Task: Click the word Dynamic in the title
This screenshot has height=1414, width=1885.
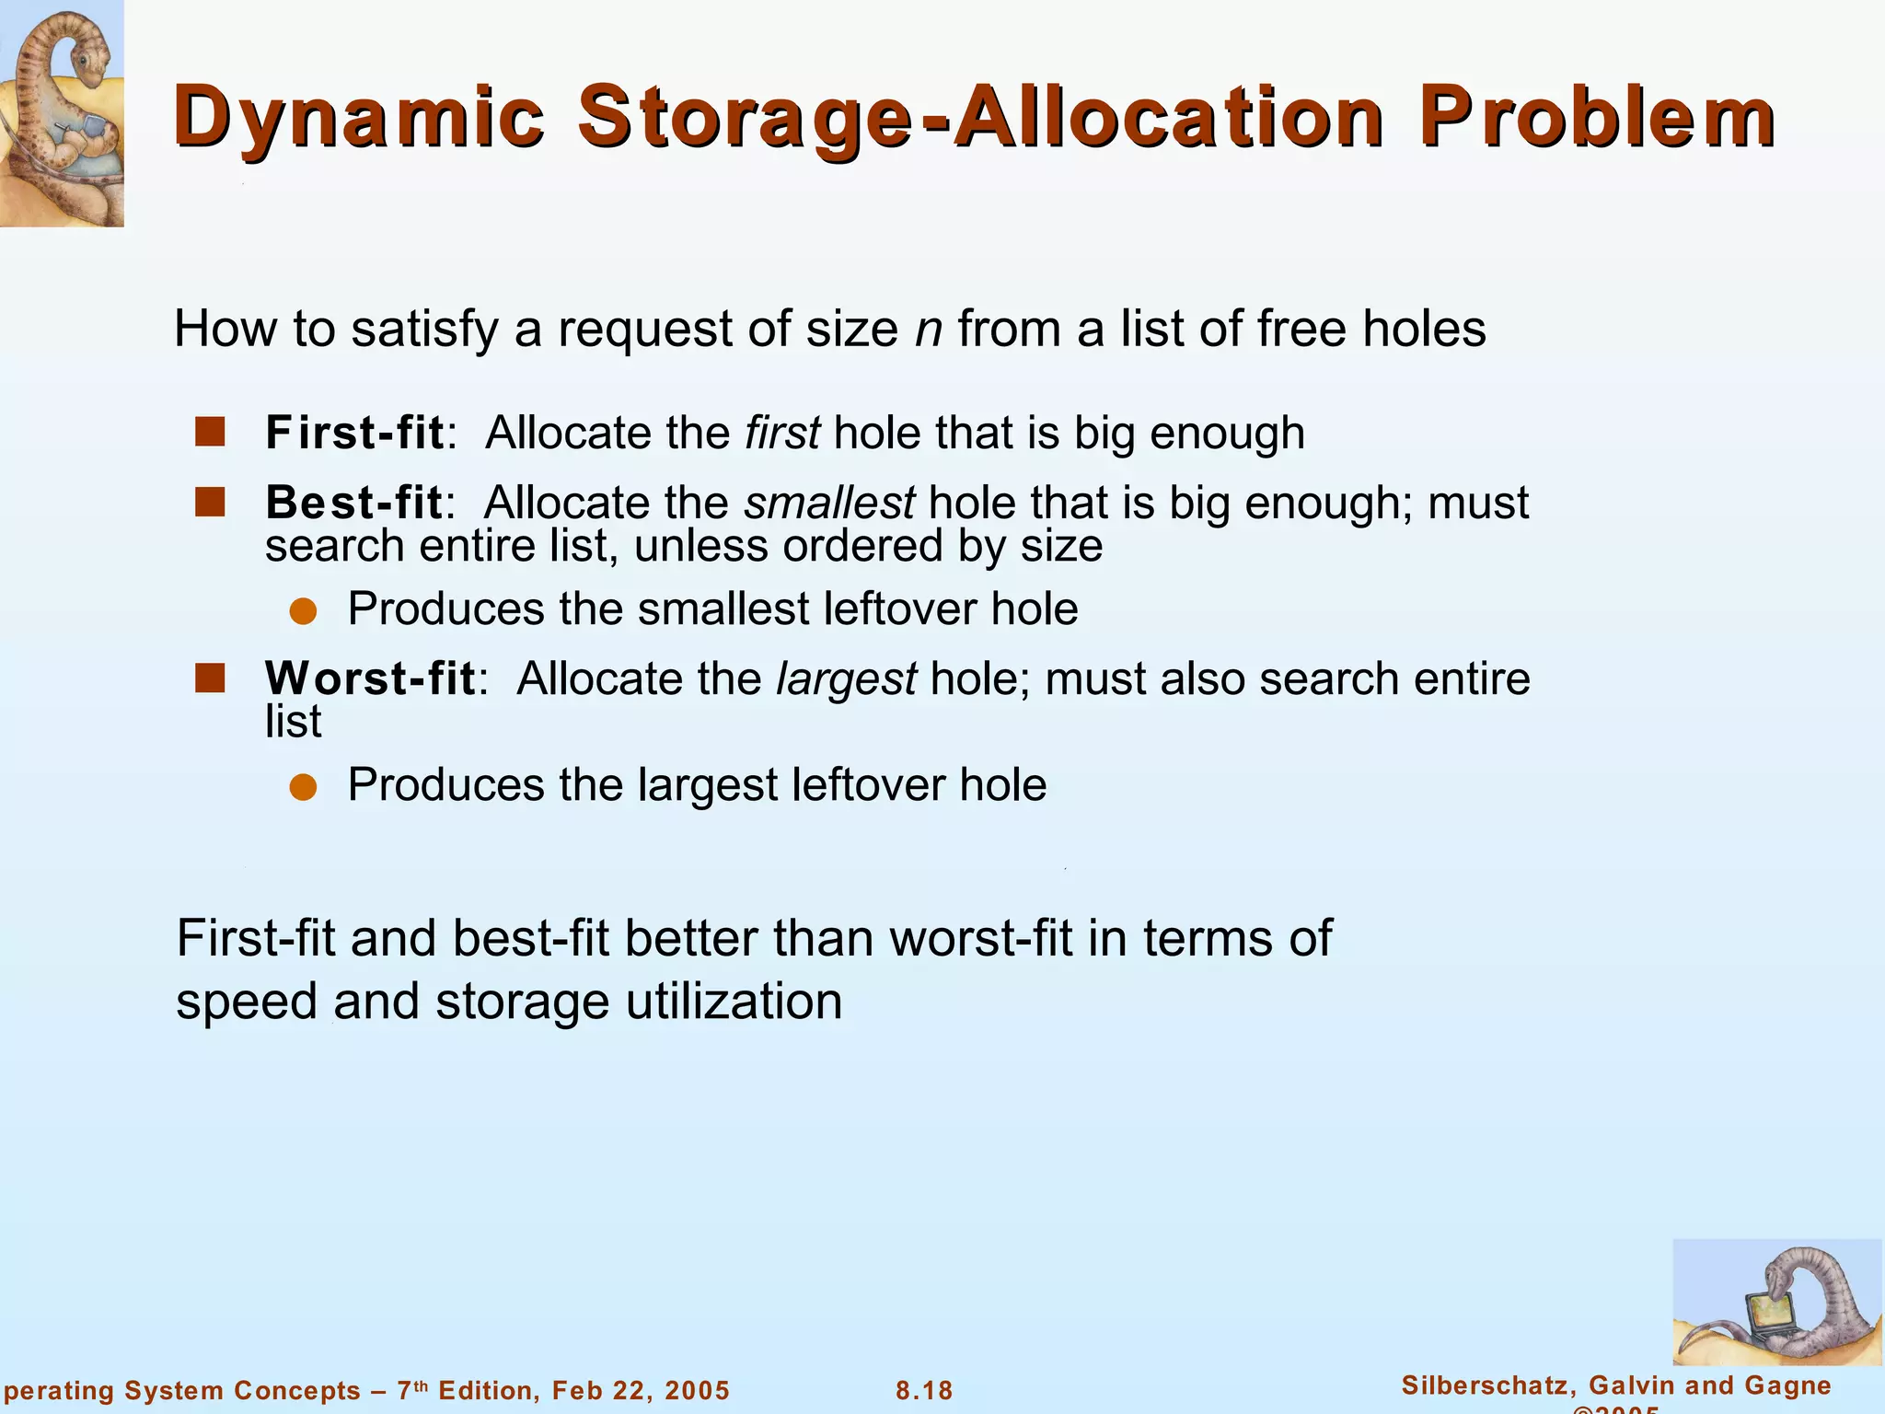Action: click(359, 118)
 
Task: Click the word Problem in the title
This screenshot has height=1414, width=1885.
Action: click(1597, 118)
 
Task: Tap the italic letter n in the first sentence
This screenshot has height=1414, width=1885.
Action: click(928, 330)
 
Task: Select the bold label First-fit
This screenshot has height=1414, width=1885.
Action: click(354, 433)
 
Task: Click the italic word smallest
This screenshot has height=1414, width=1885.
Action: click(829, 503)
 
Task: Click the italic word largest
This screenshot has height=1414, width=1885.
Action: click(846, 680)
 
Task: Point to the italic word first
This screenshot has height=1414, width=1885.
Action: click(781, 433)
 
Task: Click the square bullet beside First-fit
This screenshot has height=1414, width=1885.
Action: click(210, 432)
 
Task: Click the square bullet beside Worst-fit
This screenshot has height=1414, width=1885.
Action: click(210, 678)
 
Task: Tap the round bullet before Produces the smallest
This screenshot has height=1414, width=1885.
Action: click(303, 611)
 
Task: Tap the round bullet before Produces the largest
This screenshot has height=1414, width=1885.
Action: click(303, 787)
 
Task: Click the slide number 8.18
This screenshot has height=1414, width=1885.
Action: click(924, 1390)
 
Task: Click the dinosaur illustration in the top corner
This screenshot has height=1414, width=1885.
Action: click(61, 112)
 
